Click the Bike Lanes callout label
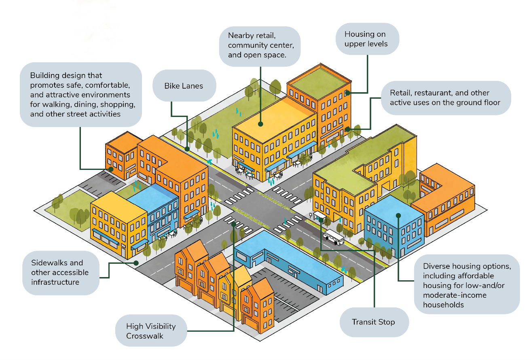point(184,86)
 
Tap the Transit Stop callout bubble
point(373,322)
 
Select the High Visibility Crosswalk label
point(151,331)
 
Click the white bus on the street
point(334,237)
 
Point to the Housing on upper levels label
point(366,39)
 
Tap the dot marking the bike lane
point(187,149)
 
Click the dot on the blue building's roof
point(398,215)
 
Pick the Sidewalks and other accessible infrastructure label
point(60,273)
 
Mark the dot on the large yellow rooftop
point(260,124)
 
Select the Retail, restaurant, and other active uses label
point(445,98)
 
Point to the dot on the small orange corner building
point(110,169)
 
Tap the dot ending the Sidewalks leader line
point(136,263)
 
